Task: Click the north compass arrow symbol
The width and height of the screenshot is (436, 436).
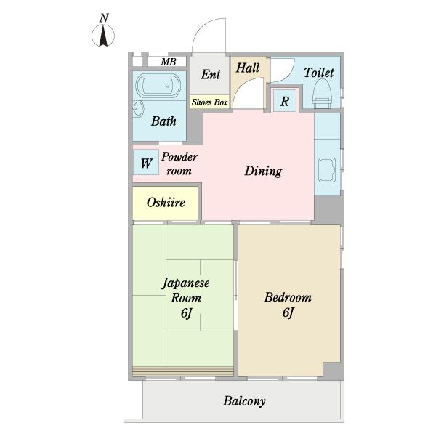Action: [103, 36]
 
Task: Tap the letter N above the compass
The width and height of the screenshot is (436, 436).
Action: [104, 17]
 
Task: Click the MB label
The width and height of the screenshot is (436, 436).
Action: [169, 62]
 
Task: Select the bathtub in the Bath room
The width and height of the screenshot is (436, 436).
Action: [158, 86]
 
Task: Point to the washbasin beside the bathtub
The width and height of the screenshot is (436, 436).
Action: [138, 109]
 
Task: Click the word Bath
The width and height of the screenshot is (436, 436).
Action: [163, 121]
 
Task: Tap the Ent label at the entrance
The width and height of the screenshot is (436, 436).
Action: [211, 74]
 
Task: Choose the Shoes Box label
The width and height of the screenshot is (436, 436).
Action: [210, 102]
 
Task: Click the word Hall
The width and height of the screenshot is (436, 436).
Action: [248, 68]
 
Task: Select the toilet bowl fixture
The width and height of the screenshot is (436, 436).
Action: [322, 94]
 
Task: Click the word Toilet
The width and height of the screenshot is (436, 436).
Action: [319, 73]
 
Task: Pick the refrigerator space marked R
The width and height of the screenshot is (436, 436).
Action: [285, 101]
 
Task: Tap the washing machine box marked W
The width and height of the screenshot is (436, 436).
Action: [146, 162]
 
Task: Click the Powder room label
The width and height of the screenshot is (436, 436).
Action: [179, 163]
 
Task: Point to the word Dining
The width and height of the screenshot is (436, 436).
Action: [263, 171]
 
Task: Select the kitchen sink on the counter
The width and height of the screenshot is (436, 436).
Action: [327, 169]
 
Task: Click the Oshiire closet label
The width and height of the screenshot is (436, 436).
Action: [166, 203]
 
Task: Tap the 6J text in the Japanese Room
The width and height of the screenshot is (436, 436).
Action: [186, 312]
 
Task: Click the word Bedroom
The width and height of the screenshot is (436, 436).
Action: [288, 297]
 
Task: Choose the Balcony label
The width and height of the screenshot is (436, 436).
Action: [244, 401]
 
